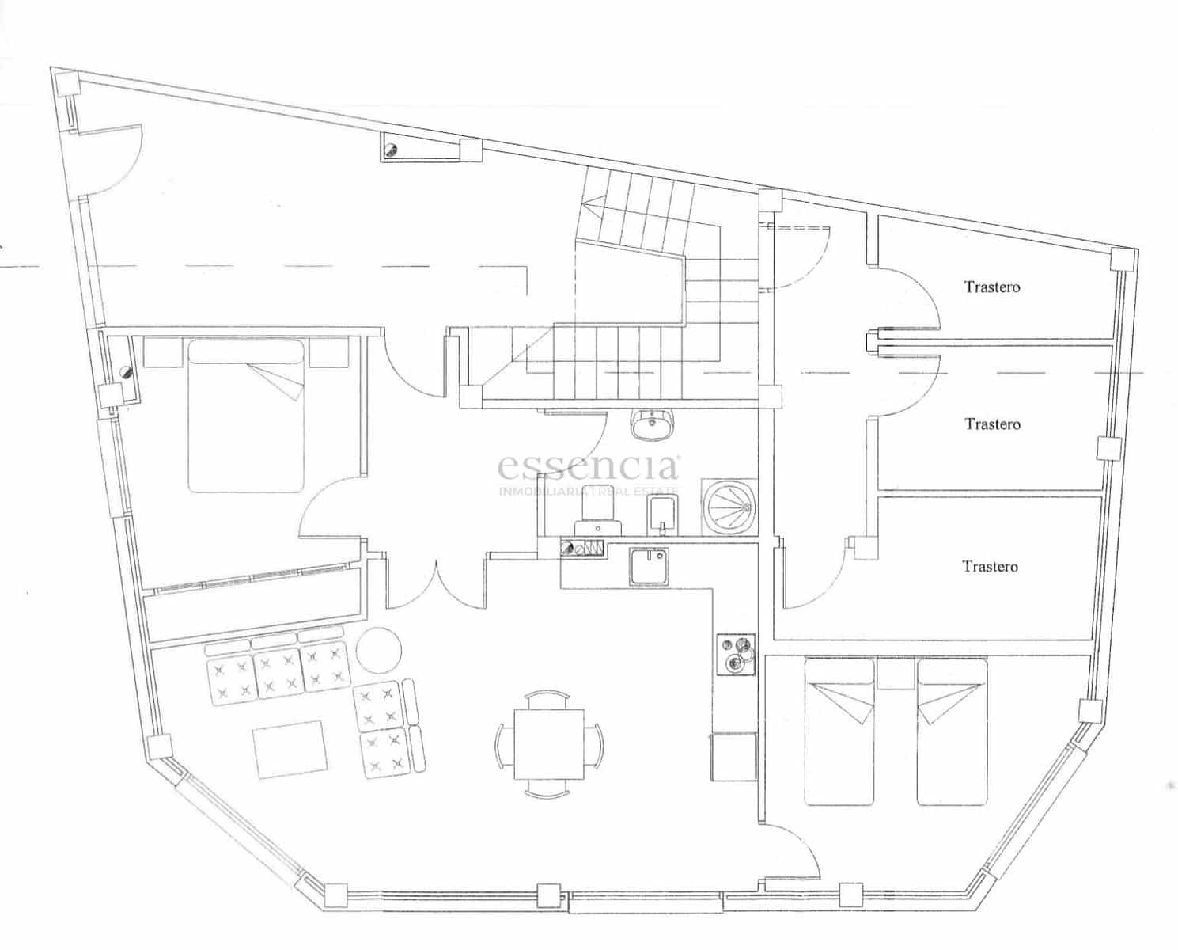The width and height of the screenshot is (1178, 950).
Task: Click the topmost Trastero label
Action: pos(992,287)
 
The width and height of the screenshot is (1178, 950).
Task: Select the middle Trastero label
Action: pos(992,424)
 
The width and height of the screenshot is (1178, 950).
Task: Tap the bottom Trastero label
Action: pos(991,566)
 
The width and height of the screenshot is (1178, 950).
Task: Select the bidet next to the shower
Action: pos(663,515)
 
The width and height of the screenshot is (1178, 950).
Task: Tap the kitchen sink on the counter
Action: pos(648,567)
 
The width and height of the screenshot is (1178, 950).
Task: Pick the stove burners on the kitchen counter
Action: pos(736,655)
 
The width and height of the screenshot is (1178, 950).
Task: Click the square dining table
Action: pos(549,743)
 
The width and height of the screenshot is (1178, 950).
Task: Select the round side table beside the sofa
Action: pos(378,650)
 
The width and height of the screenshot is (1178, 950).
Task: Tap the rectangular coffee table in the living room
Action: pos(290,749)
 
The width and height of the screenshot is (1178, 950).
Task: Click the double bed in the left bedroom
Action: pos(246,416)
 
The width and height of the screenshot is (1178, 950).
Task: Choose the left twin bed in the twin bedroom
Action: pos(839,732)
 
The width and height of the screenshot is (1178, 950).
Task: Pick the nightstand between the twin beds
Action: pos(895,674)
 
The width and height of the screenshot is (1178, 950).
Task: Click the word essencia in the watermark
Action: pos(588,467)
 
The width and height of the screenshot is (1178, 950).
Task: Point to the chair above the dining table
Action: pos(548,700)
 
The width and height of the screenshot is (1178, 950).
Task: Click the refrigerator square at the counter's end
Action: pos(733,756)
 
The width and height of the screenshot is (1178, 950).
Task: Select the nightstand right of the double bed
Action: pos(328,352)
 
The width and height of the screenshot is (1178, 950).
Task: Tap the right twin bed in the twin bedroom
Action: pos(952,732)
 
